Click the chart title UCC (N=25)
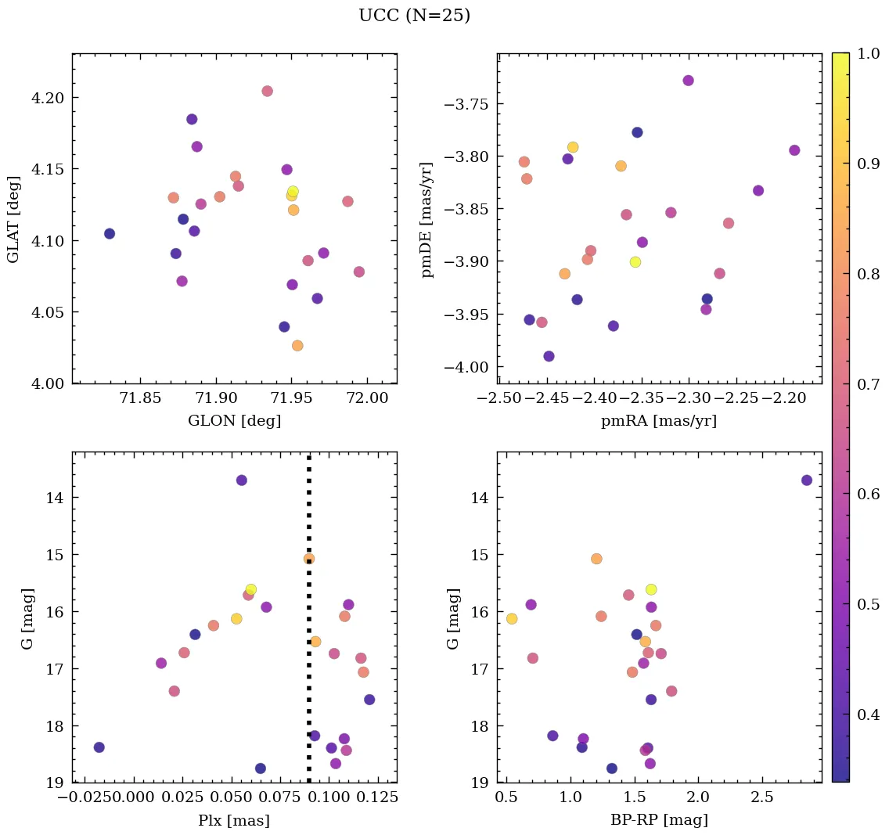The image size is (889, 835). click(x=414, y=16)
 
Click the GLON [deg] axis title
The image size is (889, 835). click(x=234, y=421)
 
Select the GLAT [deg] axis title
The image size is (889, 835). click(x=13, y=218)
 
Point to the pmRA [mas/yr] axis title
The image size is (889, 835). click(x=659, y=421)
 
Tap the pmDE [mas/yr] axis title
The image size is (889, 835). click(x=427, y=219)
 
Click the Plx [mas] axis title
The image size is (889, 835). click(x=234, y=820)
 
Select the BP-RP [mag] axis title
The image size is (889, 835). click(x=659, y=820)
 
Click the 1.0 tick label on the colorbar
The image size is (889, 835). click(x=869, y=54)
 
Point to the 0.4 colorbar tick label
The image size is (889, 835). click(x=869, y=714)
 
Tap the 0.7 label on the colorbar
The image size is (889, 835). click(x=869, y=384)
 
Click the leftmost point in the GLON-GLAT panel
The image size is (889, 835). click(x=110, y=234)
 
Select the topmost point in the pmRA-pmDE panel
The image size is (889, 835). click(x=688, y=81)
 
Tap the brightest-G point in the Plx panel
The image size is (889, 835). click(x=242, y=480)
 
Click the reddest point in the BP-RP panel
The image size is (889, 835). click(x=806, y=480)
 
